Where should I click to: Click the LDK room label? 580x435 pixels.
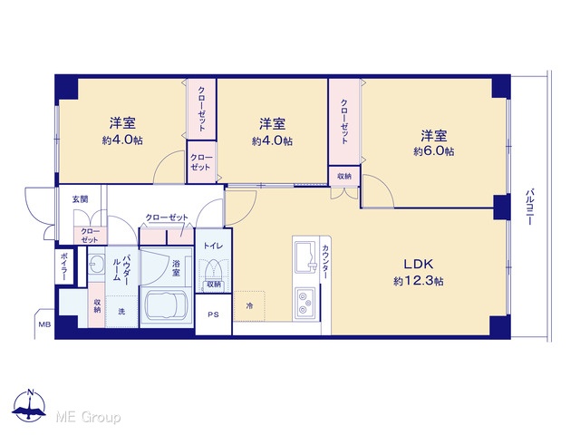click(419, 264)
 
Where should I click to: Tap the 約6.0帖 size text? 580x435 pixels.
click(433, 151)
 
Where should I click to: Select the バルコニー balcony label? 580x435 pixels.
click(530, 207)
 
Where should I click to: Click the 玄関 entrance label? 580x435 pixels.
click(80, 199)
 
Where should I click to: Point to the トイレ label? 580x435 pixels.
click(213, 246)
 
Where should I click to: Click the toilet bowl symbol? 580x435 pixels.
click(213, 270)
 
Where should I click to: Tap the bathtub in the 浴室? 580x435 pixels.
click(167, 305)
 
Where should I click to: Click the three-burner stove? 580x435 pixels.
click(305, 303)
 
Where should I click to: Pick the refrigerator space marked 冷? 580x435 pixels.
click(249, 306)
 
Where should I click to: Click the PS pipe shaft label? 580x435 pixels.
click(213, 314)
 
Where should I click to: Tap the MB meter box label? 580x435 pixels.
click(44, 324)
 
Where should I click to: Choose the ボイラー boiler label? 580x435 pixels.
click(63, 266)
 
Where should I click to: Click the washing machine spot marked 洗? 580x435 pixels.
click(121, 312)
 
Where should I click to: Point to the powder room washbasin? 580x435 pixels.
click(97, 264)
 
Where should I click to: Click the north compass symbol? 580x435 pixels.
click(29, 405)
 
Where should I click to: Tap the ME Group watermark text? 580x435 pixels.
click(88, 417)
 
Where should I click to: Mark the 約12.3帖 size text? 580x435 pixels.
click(419, 281)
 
